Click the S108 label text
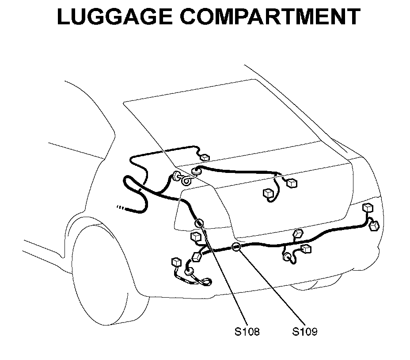tap(247, 331)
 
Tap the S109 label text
tap(305, 331)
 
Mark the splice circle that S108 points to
tap(199, 223)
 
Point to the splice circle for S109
tap(236, 247)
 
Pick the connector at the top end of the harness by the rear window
tap(205, 157)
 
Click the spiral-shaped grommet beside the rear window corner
tap(186, 180)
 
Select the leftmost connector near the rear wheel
tap(176, 262)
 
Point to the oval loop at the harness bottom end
tap(205, 280)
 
